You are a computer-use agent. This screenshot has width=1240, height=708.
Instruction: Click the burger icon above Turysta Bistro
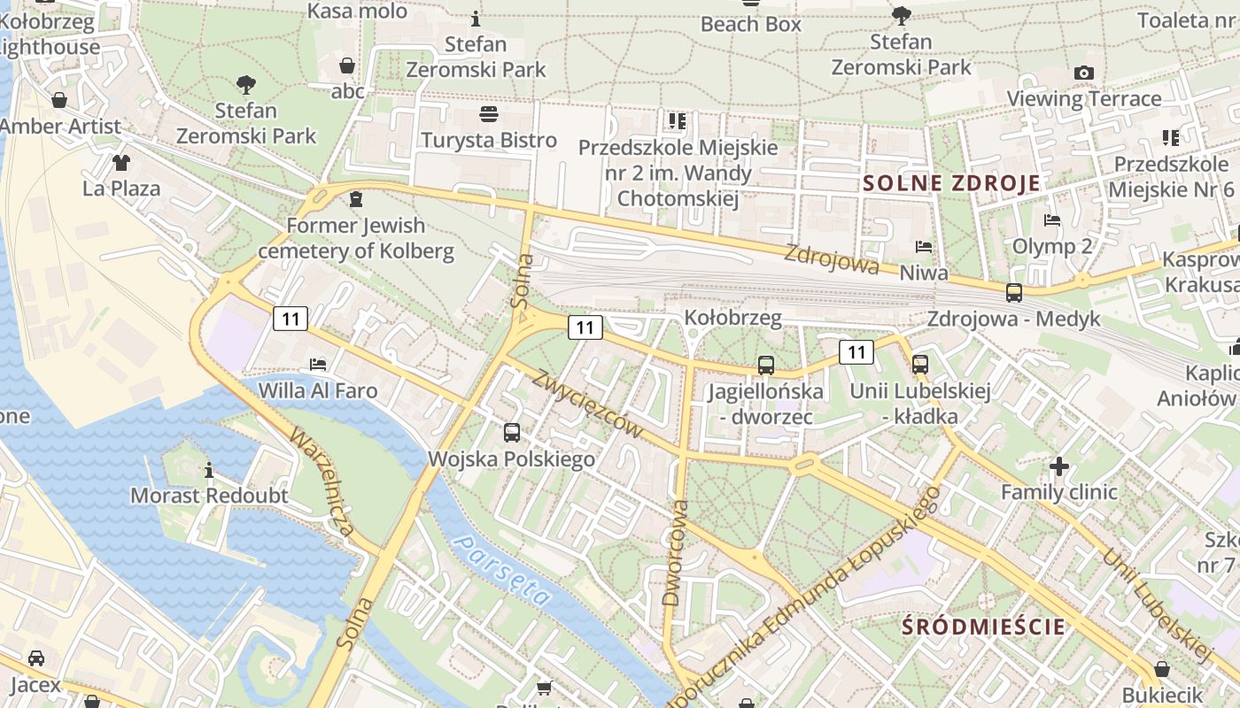click(488, 114)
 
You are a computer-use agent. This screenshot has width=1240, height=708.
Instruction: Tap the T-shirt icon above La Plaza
click(120, 163)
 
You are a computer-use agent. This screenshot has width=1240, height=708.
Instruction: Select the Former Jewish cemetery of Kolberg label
click(355, 238)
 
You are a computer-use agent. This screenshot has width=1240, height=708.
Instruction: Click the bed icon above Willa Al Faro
click(318, 364)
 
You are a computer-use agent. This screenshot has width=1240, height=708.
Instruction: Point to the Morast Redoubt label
click(209, 496)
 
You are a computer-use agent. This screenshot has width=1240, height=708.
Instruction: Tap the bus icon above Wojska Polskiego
click(512, 433)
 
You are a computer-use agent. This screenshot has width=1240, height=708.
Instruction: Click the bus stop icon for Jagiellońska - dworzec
click(765, 365)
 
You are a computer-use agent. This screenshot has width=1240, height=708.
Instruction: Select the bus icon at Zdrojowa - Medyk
click(1013, 292)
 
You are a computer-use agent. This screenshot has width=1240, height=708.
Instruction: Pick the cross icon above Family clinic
click(1059, 466)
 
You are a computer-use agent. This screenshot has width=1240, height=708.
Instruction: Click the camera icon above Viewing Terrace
click(1083, 73)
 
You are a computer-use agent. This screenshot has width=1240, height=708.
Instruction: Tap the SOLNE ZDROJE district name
click(951, 184)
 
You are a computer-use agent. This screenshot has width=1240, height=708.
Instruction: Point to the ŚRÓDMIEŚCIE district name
click(983, 627)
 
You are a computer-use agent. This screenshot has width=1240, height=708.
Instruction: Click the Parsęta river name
click(501, 570)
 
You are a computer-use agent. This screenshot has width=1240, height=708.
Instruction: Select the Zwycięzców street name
click(586, 404)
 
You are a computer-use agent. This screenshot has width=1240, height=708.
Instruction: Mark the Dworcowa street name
click(675, 553)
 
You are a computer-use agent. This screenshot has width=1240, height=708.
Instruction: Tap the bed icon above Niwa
click(923, 247)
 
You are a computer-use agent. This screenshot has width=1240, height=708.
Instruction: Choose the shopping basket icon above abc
click(347, 65)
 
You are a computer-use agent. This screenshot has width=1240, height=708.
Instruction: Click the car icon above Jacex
click(35, 658)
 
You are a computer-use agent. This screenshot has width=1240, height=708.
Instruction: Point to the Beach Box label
click(750, 24)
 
